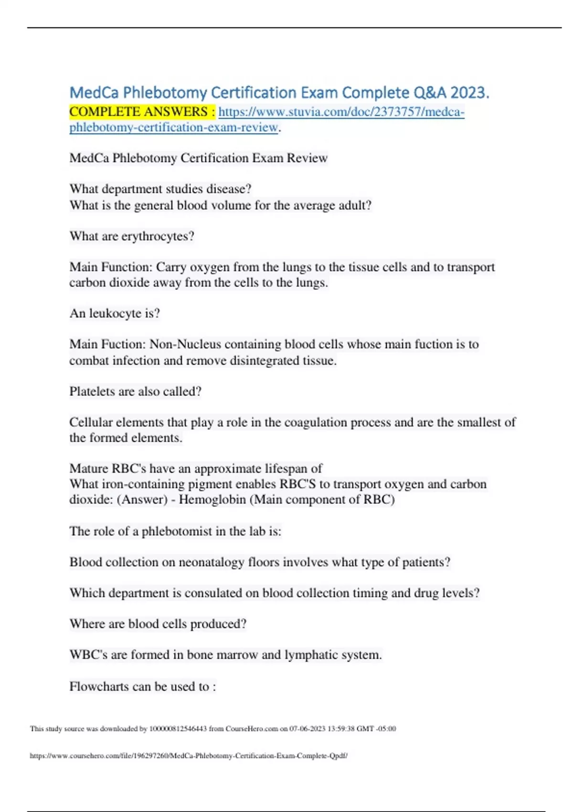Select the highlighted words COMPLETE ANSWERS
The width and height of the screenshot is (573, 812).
point(138,112)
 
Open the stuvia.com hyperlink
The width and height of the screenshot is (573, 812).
point(341,112)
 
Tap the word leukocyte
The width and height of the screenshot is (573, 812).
point(115,314)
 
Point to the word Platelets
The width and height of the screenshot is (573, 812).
point(92,392)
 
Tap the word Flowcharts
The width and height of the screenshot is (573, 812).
point(99,686)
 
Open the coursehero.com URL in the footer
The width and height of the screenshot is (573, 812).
point(189,756)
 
